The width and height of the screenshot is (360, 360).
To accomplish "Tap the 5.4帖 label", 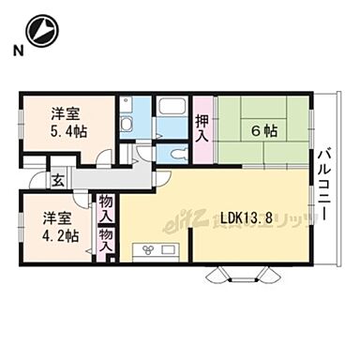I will [68, 131].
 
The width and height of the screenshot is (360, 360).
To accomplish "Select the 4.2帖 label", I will [59, 234].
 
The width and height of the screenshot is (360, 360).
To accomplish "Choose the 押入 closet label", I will [202, 127].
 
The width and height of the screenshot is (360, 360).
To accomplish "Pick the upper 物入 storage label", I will [105, 208].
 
